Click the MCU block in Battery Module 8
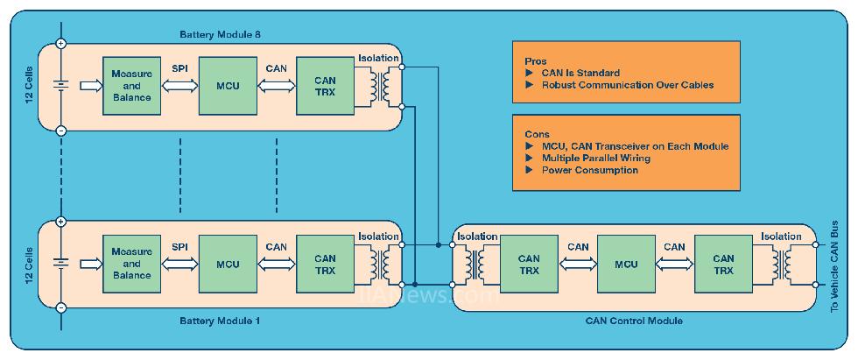click(x=228, y=86)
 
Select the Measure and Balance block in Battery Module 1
click(x=131, y=264)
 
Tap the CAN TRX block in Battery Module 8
click(x=325, y=86)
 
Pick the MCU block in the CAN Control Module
click(x=626, y=265)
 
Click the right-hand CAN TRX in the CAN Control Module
click(x=723, y=265)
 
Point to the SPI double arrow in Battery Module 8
click(x=179, y=86)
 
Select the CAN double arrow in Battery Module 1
click(x=276, y=264)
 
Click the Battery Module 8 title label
click(x=221, y=34)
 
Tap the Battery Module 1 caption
click(x=220, y=321)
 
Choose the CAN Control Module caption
click(x=634, y=321)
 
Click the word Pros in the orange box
click(x=535, y=61)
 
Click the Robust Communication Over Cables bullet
click(x=627, y=85)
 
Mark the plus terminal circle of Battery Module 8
click(x=60, y=42)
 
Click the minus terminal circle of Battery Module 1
click(x=60, y=308)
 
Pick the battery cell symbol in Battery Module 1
click(x=60, y=264)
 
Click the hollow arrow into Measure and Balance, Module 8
click(x=89, y=86)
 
